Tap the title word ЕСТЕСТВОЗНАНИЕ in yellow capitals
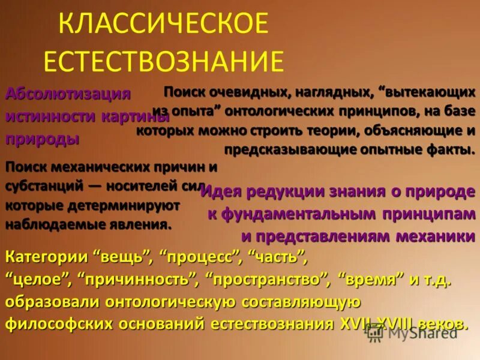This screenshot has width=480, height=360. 163,61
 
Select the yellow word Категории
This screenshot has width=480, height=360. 46,258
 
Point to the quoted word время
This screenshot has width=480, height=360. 370,280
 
